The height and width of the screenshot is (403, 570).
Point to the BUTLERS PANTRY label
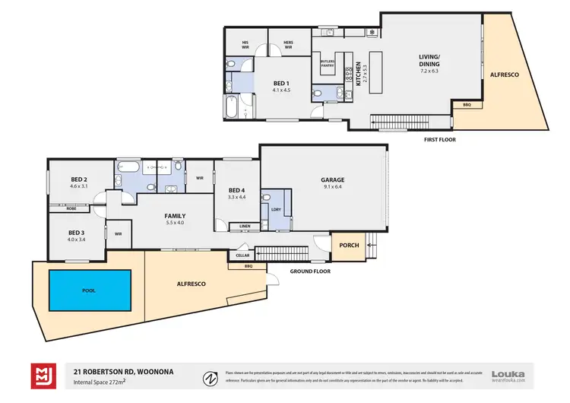pyautogui.click(x=328, y=64)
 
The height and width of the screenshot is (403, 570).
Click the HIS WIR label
pyautogui.click(x=245, y=44)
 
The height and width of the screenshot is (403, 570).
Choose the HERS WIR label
pyautogui.click(x=288, y=44)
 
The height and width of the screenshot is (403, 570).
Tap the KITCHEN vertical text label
pyautogui.click(x=358, y=76)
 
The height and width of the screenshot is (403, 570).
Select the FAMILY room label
pyautogui.click(x=176, y=216)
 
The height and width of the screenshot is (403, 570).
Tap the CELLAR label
pyautogui.click(x=242, y=255)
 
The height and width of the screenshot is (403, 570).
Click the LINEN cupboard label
pyautogui.click(x=244, y=226)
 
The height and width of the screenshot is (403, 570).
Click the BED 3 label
pyautogui.click(x=75, y=233)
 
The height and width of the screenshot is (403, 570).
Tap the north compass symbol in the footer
pyautogui.click(x=209, y=376)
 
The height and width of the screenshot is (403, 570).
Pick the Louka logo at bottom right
pyautogui.click(x=508, y=374)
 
